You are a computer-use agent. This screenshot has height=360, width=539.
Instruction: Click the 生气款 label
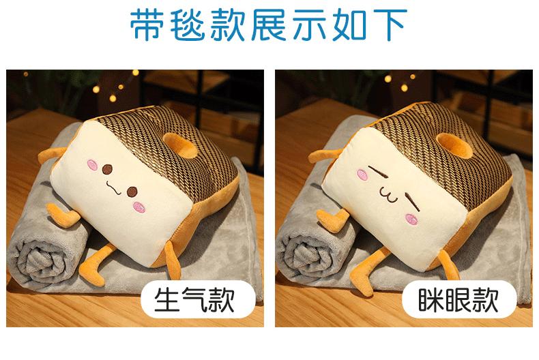pyautogui.click(x=194, y=299)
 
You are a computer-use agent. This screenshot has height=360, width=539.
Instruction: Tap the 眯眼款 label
pyautogui.click(x=458, y=299)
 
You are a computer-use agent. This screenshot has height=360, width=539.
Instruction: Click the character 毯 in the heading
pyautogui.click(x=187, y=25)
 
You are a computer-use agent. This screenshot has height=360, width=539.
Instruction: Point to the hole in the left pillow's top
pyautogui.click(x=179, y=145)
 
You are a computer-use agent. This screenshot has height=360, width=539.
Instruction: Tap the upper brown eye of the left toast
pyautogui.click(x=108, y=169)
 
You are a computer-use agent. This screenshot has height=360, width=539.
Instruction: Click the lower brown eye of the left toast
pyautogui.click(x=132, y=192)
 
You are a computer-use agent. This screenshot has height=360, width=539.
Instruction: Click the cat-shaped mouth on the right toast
pyautogui.click(x=388, y=196)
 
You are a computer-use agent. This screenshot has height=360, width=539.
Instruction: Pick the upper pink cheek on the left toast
pyautogui.click(x=92, y=165)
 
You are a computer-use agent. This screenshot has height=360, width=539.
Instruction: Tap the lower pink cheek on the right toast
pyautogui.click(x=411, y=219)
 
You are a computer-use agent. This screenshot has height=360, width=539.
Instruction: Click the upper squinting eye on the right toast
pyautogui.click(x=378, y=171)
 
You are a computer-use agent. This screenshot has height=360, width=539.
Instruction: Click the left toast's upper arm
pyautogui.click(x=52, y=155)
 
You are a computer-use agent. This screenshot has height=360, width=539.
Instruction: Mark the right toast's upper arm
pyautogui.click(x=323, y=155)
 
